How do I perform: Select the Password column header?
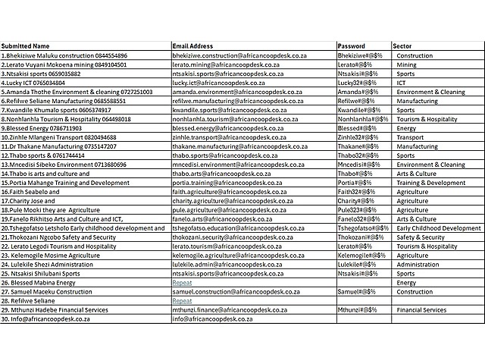[x=352, y=46]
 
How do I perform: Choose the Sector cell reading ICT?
[x=402, y=83]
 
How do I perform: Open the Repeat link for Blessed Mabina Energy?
[x=182, y=283]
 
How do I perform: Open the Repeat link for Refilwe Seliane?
[x=182, y=301]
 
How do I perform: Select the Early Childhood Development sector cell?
[x=439, y=228]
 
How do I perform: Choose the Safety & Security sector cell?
[x=421, y=237]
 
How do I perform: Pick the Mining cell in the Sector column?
[x=407, y=64]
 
